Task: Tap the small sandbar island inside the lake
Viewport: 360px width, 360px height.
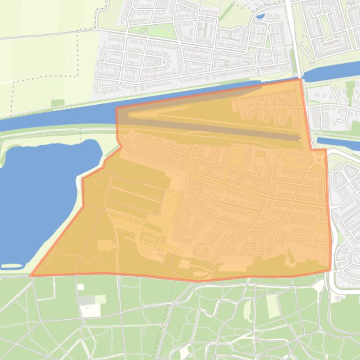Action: (x=11, y=266)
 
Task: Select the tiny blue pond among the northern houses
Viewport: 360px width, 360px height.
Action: (x=260, y=16)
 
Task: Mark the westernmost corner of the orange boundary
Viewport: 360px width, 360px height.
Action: (x=31, y=275)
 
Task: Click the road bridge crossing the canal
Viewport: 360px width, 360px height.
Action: (x=298, y=77)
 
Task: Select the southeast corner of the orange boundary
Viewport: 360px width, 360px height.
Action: (x=330, y=270)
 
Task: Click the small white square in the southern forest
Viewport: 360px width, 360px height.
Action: (x=81, y=287)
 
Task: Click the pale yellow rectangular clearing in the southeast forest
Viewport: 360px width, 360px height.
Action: (x=272, y=306)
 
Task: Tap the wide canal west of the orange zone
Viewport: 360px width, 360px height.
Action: (x=56, y=117)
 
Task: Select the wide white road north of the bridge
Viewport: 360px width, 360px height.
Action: (x=293, y=37)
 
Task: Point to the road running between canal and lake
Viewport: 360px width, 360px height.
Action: (x=56, y=131)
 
